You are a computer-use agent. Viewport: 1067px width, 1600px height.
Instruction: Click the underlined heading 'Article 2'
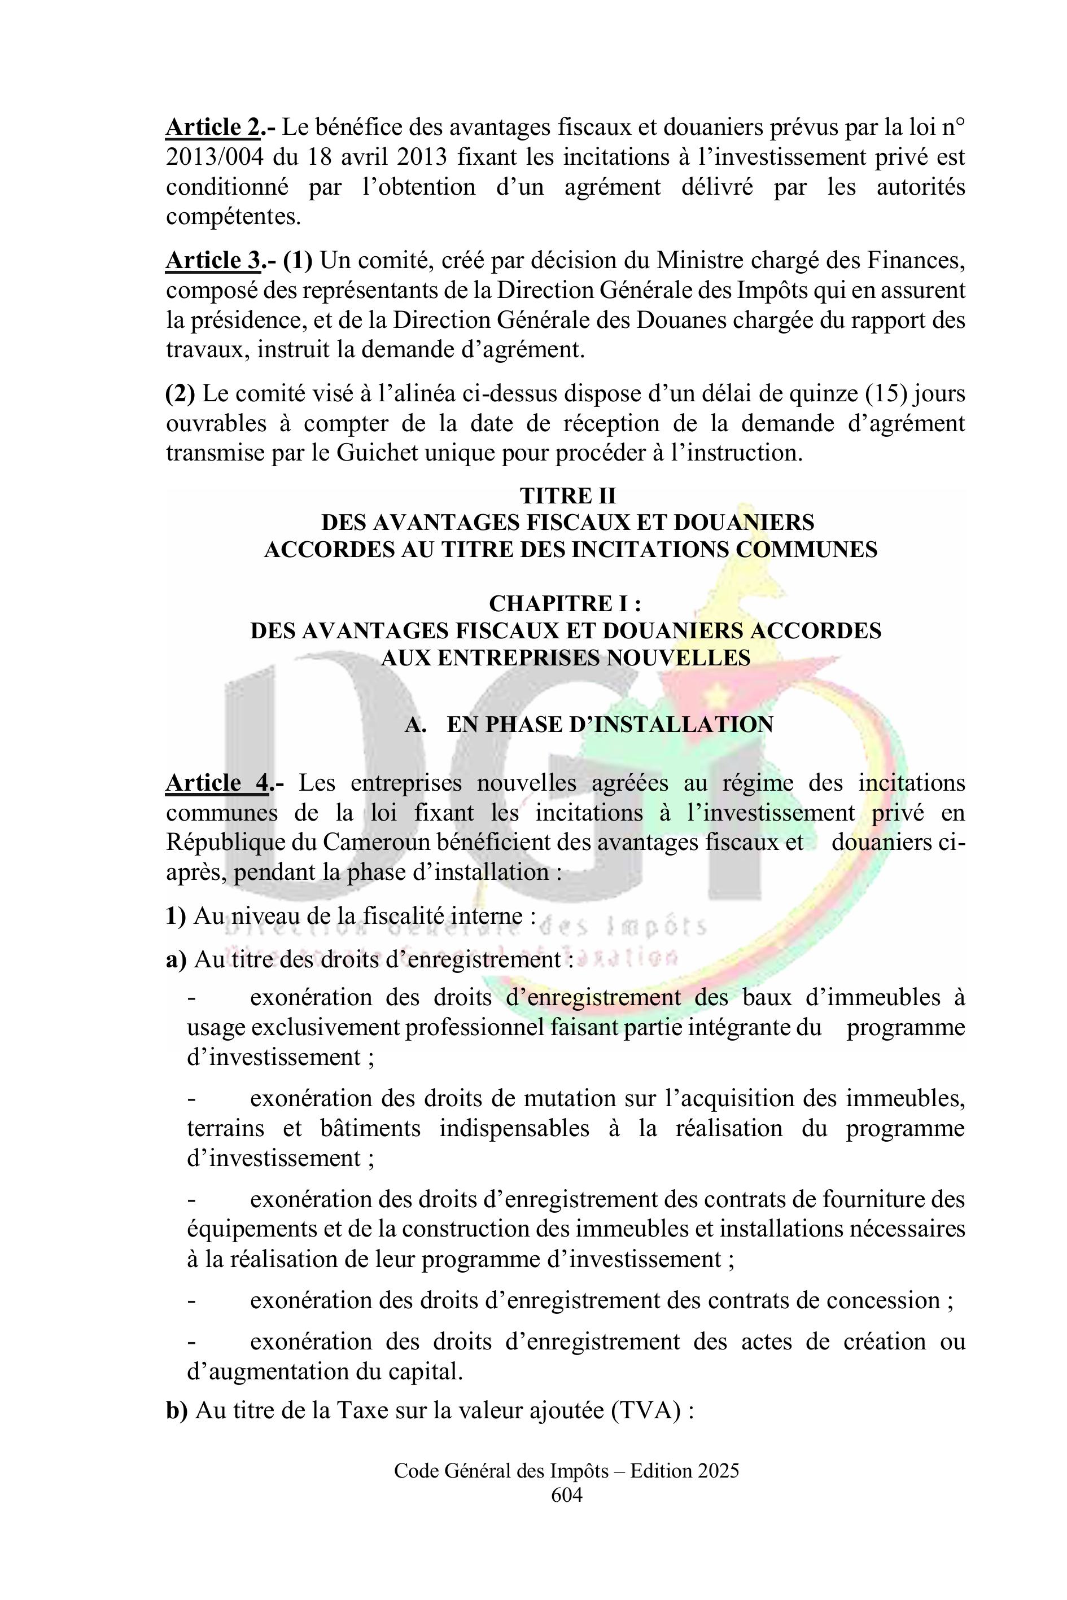212,127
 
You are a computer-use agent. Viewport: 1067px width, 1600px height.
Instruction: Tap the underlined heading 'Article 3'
212,261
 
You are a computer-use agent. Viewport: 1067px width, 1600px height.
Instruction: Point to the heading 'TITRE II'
567,496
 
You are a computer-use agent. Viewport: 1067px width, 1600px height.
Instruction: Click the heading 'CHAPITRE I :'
566,603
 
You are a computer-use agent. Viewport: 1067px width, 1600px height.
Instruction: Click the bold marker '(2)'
180,394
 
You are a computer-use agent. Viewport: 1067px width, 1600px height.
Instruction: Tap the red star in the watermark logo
716,695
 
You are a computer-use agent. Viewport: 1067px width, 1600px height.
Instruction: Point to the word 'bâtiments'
370,1128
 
